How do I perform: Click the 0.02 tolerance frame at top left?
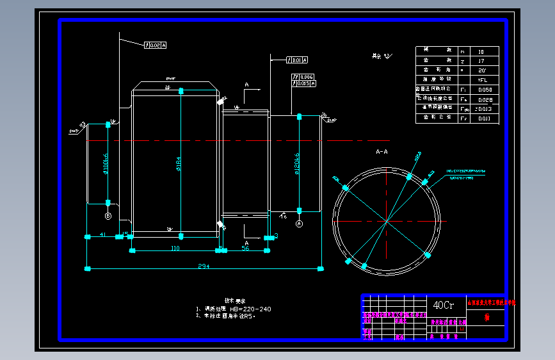click(x=156, y=45)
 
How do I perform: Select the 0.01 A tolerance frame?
click(x=297, y=60)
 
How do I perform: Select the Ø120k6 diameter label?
click(x=297, y=165)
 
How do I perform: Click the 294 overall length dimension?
click(x=203, y=265)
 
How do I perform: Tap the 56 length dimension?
click(x=245, y=248)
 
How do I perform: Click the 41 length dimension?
click(x=102, y=236)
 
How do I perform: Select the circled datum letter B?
click(x=108, y=217)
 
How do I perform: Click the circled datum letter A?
click(x=299, y=224)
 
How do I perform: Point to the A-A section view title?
click(x=382, y=152)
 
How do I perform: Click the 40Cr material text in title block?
click(x=444, y=305)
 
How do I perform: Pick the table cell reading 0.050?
click(x=485, y=90)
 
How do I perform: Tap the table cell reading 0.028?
click(x=485, y=99)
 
